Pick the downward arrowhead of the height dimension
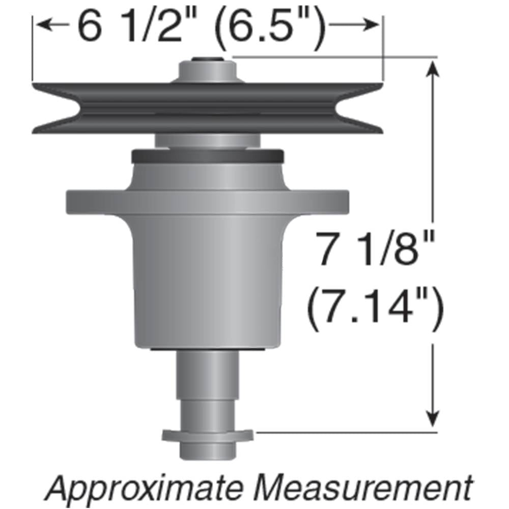tap(433, 420)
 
